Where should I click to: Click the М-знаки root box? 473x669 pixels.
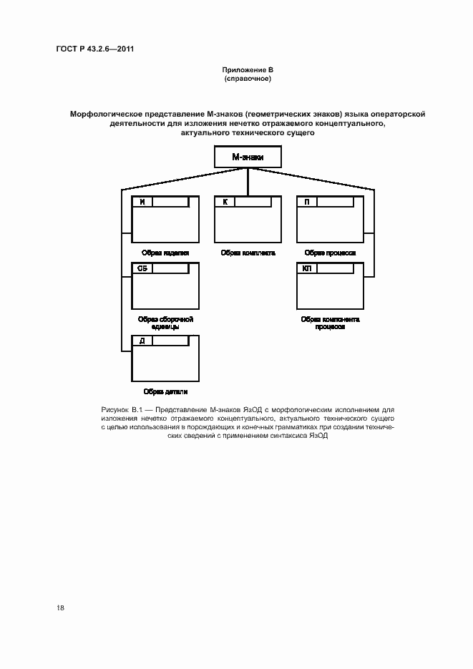(247, 157)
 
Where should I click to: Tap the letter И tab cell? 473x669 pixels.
(142, 202)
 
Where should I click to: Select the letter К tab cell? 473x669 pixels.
(225, 202)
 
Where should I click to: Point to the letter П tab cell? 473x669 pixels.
(307, 202)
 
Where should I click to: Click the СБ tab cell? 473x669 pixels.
(142, 268)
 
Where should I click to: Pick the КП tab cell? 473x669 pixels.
(307, 268)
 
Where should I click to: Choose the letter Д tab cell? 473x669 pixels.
(142, 341)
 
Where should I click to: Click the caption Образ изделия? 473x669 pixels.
(165, 253)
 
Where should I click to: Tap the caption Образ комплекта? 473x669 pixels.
(248, 253)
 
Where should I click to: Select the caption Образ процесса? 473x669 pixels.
(330, 253)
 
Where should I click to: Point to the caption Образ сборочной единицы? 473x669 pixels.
(165, 323)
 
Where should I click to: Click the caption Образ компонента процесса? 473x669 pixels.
(330, 323)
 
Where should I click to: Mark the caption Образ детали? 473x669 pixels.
(165, 391)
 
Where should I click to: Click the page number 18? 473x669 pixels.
(60, 607)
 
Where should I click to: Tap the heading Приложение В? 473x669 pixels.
(248, 69)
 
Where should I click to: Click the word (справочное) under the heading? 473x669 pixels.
(248, 78)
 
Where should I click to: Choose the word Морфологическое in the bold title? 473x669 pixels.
(104, 114)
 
